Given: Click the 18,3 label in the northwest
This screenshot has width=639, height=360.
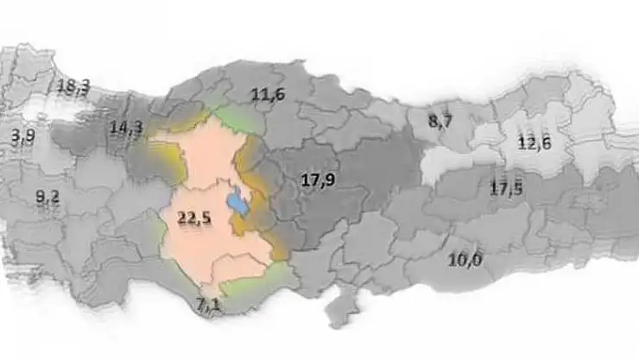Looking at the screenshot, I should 73,86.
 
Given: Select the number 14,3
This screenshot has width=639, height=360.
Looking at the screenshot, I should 126,129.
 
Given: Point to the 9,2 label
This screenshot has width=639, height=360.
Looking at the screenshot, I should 47,197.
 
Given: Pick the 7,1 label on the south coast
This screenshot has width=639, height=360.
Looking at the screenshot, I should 209,303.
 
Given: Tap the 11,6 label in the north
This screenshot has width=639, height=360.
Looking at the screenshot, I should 269,97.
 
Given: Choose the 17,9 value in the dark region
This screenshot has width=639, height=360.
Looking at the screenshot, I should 317,180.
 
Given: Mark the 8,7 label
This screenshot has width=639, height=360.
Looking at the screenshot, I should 440,122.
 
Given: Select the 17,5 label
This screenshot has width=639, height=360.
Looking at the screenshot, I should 506,188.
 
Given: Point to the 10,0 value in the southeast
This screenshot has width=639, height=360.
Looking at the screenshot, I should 465,260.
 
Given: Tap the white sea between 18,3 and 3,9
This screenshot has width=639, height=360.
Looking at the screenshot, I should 43,108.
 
